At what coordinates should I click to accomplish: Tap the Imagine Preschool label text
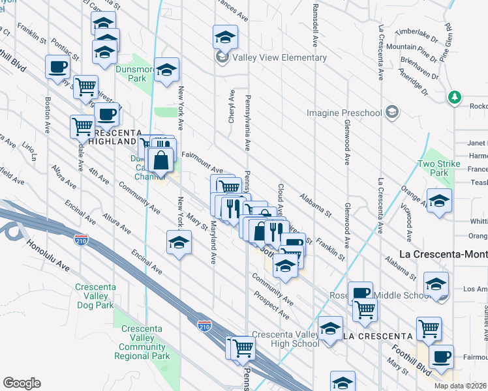(344, 113)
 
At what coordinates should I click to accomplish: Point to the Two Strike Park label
(439, 168)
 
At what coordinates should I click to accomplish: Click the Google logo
(22, 383)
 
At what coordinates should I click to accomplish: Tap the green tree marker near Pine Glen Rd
(455, 98)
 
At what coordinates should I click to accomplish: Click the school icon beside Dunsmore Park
(167, 70)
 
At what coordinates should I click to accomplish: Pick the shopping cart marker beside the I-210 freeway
(241, 348)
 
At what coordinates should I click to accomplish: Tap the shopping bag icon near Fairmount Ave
(160, 158)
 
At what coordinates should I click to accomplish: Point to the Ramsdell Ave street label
(315, 26)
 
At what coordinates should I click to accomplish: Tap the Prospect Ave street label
(271, 304)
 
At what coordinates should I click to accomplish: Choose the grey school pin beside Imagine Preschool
(391, 113)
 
